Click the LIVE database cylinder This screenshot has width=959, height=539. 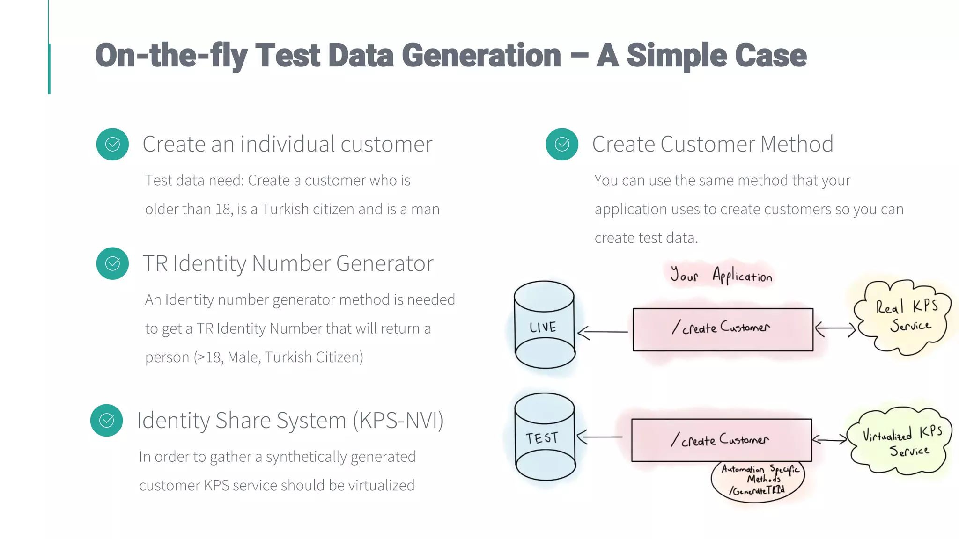(544, 325)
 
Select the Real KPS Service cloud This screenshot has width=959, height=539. (902, 317)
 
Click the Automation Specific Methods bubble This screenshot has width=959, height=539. (757, 481)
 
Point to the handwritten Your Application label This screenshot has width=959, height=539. (721, 275)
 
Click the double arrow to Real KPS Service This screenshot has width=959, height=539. (835, 329)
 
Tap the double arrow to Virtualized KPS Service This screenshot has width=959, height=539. (829, 439)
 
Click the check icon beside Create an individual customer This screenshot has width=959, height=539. (112, 144)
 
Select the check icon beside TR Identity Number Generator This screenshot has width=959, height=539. (112, 263)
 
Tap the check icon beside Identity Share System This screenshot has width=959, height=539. (107, 420)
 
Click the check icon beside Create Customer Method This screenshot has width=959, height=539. (562, 144)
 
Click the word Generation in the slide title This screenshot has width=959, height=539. (481, 56)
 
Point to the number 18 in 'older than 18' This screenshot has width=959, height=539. (223, 209)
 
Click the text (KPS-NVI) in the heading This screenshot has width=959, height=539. (398, 420)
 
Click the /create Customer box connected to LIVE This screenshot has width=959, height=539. (723, 329)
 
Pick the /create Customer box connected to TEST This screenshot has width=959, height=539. (721, 440)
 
